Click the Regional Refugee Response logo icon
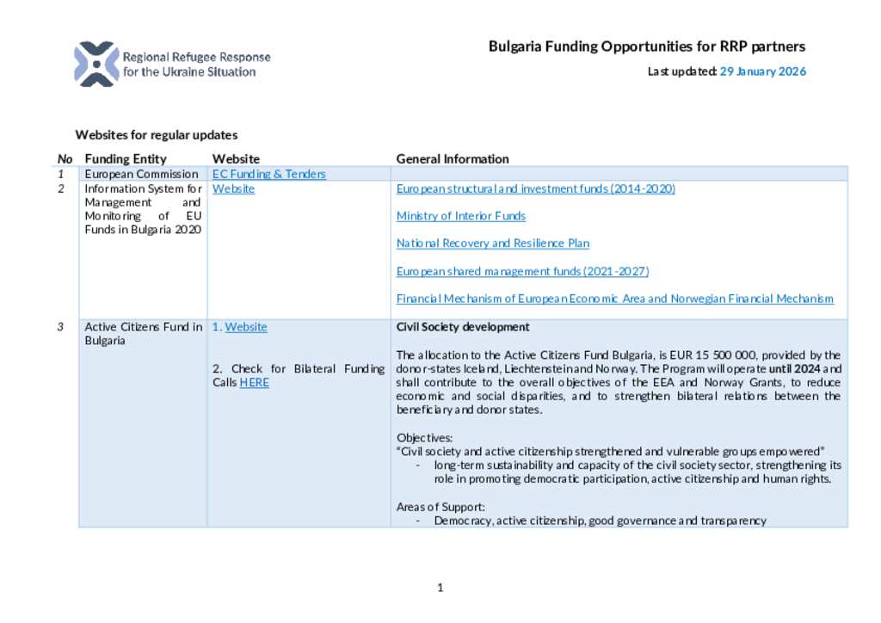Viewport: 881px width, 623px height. coord(95,64)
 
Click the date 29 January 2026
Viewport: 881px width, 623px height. coord(763,71)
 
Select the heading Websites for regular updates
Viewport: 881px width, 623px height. coord(156,135)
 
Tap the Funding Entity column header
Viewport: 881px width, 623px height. coord(126,158)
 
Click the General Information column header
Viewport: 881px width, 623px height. coord(452,158)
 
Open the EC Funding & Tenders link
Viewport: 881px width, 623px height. coord(268,174)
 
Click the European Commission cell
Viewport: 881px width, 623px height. coord(141,174)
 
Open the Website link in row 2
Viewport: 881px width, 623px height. coord(233,188)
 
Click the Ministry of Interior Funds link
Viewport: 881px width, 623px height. coord(460,216)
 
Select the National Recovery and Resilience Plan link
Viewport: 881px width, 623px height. coord(492,244)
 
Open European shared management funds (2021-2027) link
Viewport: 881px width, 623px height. coord(522,271)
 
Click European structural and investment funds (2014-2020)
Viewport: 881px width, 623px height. coord(535,188)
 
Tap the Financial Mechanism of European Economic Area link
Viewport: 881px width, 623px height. coord(614,299)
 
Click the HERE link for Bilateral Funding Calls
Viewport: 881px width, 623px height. coord(254,382)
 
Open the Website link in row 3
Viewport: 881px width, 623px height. coord(246,327)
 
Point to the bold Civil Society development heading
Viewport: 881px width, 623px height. coord(462,327)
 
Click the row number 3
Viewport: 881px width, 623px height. coord(61,327)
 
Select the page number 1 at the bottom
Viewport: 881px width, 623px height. coord(440,588)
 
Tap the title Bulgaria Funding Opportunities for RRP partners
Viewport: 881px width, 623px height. coord(647,46)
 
